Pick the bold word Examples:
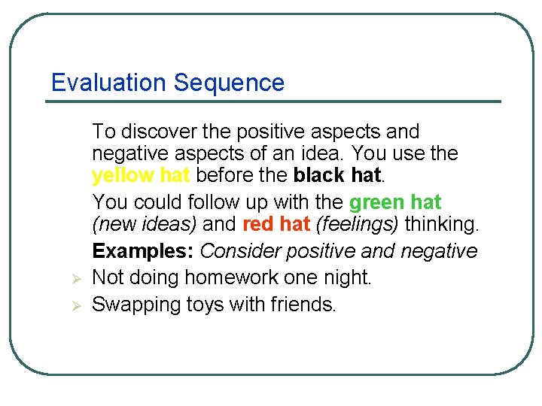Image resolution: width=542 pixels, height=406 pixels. [x=142, y=251]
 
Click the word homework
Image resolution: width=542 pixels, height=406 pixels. [x=227, y=277]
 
